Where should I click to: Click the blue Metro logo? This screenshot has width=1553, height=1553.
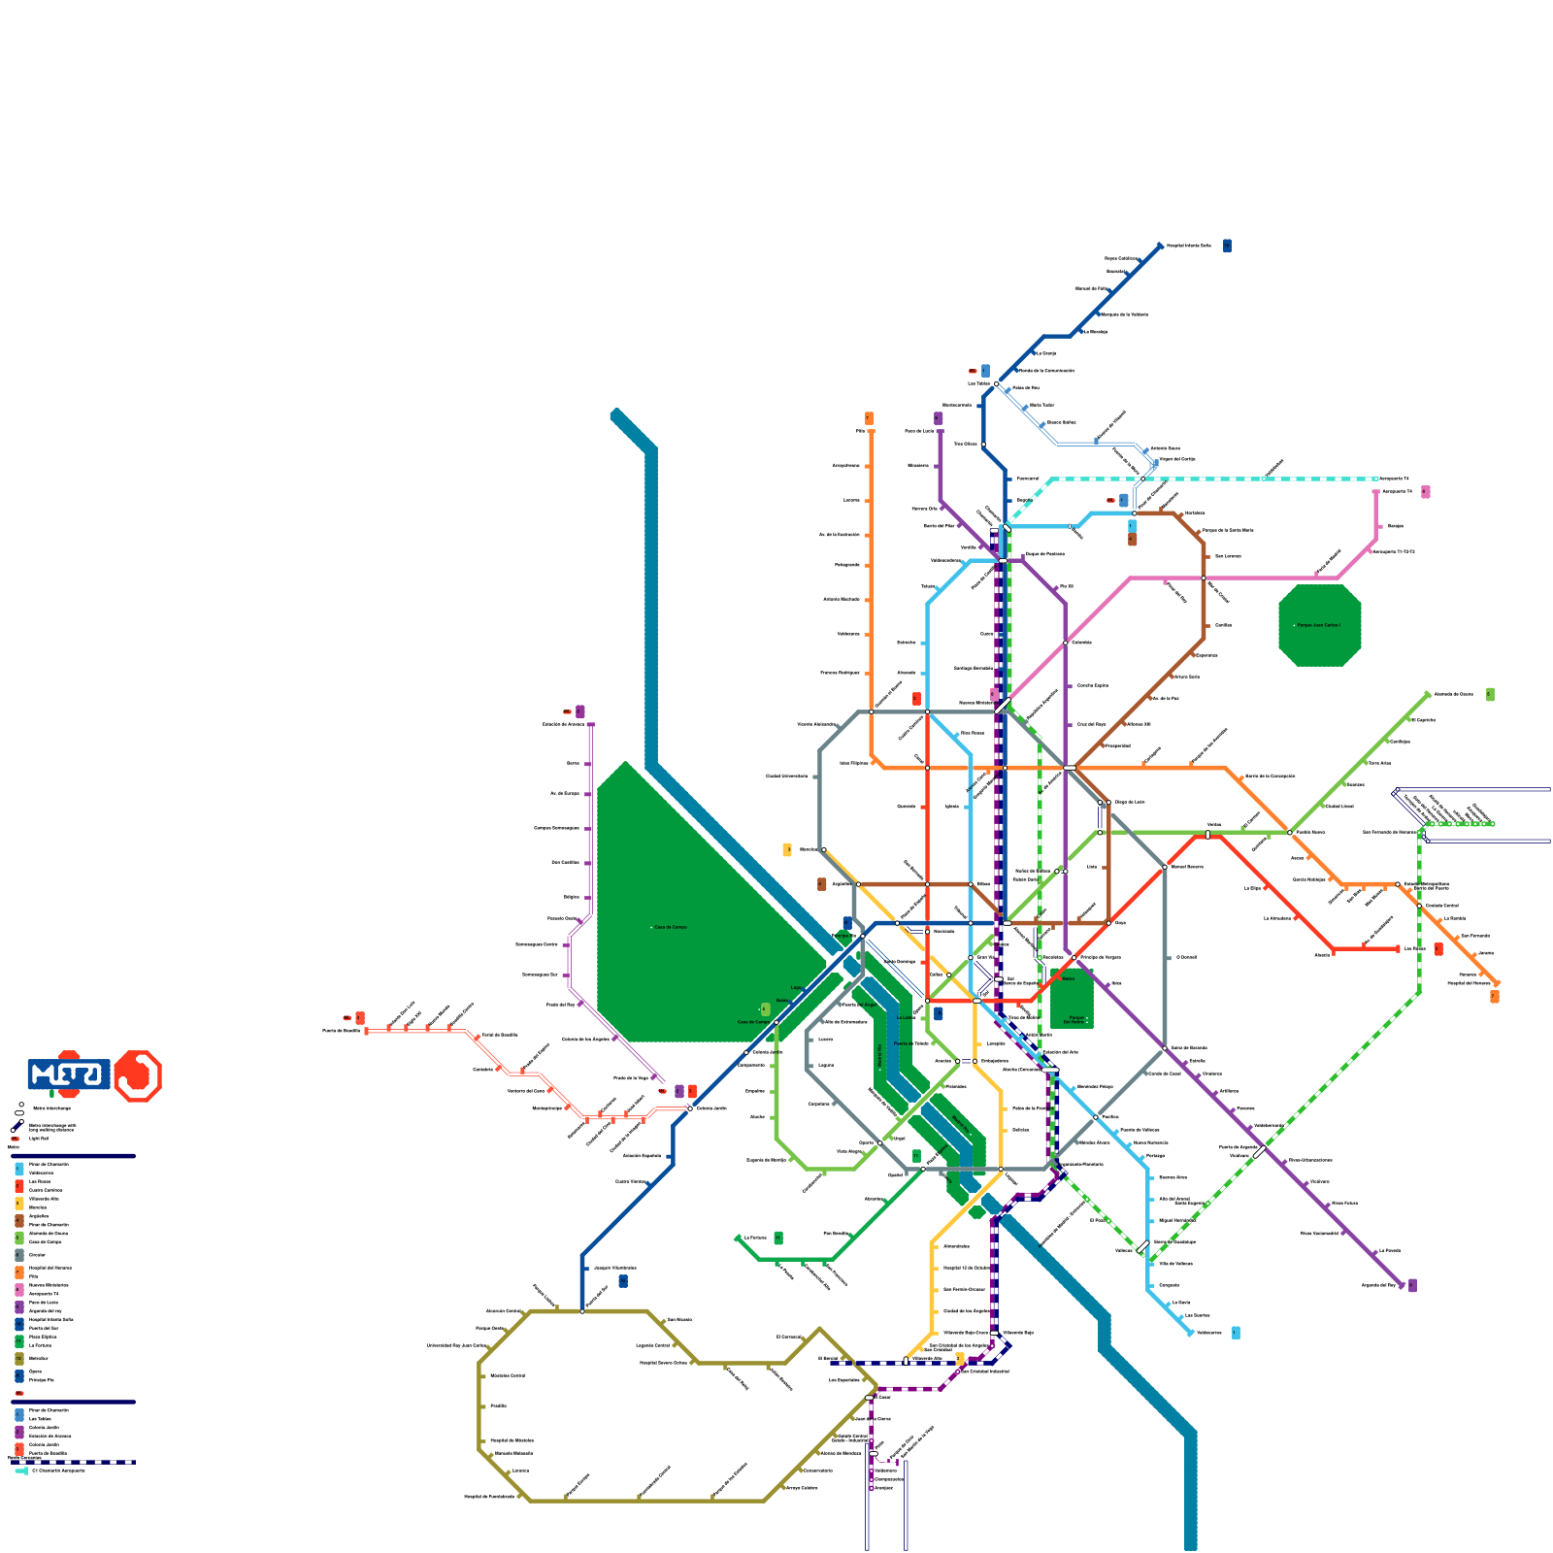click(68, 1074)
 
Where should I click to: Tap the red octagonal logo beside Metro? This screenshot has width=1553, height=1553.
click(138, 1075)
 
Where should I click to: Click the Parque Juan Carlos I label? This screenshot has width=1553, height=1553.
click(1319, 625)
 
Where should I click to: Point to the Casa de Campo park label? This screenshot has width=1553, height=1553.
click(670, 927)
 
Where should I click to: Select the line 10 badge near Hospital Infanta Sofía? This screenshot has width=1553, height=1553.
click(1227, 246)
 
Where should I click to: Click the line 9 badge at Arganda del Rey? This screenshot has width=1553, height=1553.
click(1412, 1285)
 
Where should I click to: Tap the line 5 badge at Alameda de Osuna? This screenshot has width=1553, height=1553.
click(1490, 694)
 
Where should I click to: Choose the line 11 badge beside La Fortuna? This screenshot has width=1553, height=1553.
click(778, 1238)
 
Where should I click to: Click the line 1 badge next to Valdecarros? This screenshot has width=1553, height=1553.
click(1236, 1333)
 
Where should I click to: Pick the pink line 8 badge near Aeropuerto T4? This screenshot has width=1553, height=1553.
click(1425, 492)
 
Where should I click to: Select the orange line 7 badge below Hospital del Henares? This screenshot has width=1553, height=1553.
click(1495, 996)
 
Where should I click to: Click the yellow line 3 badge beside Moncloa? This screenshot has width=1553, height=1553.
click(787, 849)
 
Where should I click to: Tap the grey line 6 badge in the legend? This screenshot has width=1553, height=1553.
click(19, 1255)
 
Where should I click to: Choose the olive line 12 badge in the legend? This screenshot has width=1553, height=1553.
click(19, 1359)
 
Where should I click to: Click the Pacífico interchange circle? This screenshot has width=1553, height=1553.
click(1096, 1117)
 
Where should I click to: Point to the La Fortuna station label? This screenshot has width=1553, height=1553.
click(755, 1238)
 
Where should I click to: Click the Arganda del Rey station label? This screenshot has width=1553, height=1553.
click(1378, 1285)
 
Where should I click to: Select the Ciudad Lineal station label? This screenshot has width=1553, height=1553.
click(1339, 806)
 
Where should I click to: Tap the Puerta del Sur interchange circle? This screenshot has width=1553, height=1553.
click(582, 1311)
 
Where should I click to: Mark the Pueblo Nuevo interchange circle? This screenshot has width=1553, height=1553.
click(1290, 832)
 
